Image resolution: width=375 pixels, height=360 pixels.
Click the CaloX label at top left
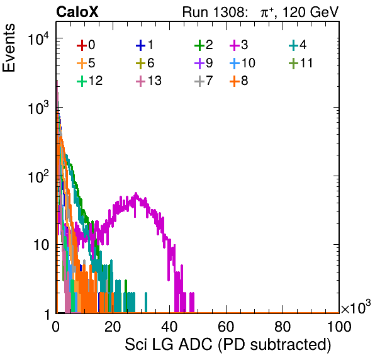pyautogui.click(x=77, y=12)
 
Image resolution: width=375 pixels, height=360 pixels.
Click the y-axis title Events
pyautogui.click(x=9, y=48)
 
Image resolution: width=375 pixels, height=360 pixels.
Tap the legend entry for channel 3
pyautogui.click(x=239, y=45)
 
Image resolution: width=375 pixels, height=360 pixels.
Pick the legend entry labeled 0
pyautogui.click(x=86, y=45)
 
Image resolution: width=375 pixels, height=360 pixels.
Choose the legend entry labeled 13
pyautogui.click(x=148, y=81)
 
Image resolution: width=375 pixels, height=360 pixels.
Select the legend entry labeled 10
pyautogui.click(x=242, y=63)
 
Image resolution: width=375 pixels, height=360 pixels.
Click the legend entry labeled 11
pyautogui.click(x=301, y=63)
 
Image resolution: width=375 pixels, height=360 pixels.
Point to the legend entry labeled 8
pyautogui.click(x=239, y=81)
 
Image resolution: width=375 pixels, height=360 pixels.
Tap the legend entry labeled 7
pyautogui.click(x=204, y=81)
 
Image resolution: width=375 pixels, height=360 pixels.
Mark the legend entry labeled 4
pyautogui.click(x=298, y=45)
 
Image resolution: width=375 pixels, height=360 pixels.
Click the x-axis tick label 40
pyautogui.click(x=169, y=326)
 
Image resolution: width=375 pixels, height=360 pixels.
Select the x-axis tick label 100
pyautogui.click(x=339, y=326)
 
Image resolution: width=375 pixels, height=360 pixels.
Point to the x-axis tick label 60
pyautogui.click(x=226, y=326)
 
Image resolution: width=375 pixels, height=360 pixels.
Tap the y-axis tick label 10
pyautogui.click(x=41, y=245)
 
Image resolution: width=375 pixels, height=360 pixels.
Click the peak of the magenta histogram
pyautogui.click(x=136, y=193)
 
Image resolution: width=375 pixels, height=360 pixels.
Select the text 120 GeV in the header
pyautogui.click(x=311, y=12)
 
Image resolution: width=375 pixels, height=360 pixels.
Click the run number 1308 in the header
pyautogui.click(x=230, y=12)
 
